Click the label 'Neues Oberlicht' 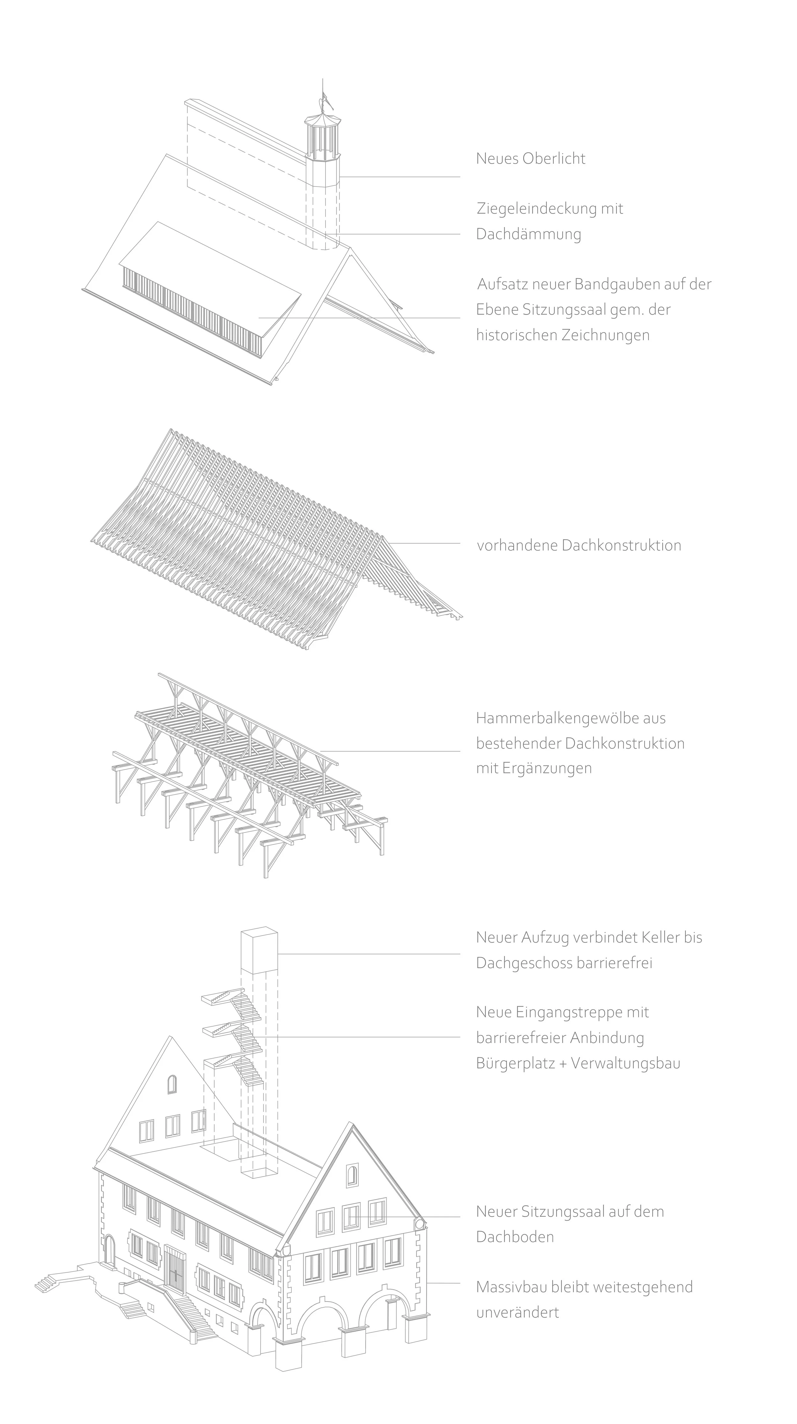point(530,159)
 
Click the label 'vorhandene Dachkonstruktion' point(579,546)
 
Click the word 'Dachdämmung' point(528,234)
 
